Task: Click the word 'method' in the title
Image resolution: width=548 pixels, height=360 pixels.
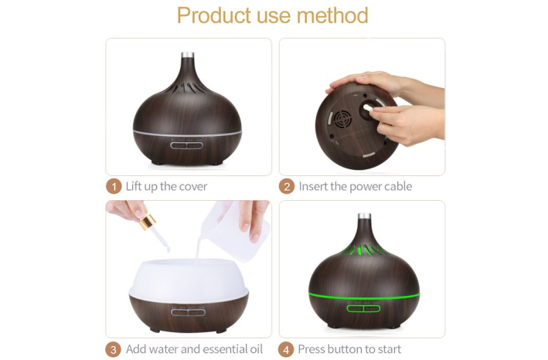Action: click(332, 15)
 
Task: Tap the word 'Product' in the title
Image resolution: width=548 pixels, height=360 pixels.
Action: click(214, 15)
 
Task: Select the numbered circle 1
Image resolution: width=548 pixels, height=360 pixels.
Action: click(114, 186)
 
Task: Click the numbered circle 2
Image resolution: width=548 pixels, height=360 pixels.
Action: click(287, 186)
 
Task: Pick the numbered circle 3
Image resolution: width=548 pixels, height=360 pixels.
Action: click(114, 349)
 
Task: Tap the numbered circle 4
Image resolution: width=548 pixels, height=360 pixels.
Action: click(286, 349)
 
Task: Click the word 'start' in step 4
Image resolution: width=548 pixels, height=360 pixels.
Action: click(387, 349)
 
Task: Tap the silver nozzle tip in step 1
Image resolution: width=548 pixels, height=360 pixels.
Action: click(188, 55)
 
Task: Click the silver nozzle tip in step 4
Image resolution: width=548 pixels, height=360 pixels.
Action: click(364, 216)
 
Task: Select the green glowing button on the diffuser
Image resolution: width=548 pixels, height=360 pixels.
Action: click(363, 309)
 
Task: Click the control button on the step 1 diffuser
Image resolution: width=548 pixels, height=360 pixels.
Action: click(187, 145)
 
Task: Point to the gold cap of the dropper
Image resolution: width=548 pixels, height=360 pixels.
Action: click(148, 222)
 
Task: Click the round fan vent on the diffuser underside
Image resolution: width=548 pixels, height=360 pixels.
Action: click(342, 121)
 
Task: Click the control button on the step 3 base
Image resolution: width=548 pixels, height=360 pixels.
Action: click(188, 312)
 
